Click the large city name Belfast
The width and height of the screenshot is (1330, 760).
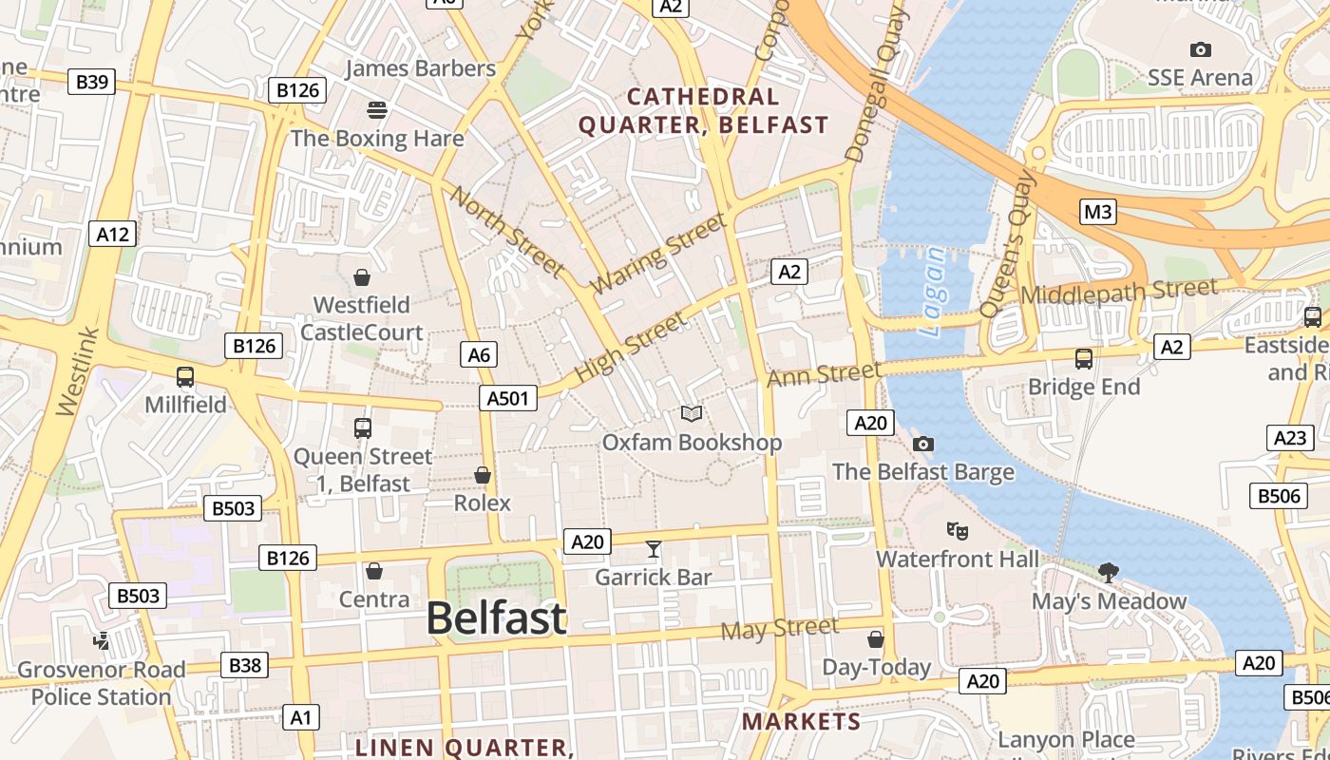(x=496, y=618)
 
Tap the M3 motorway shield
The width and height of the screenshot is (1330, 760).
(x=1097, y=212)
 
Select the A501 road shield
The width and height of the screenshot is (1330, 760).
(x=507, y=398)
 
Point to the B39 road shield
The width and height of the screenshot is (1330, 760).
(x=92, y=82)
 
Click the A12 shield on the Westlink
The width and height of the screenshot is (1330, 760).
(x=113, y=234)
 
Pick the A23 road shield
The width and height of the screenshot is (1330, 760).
(x=1290, y=438)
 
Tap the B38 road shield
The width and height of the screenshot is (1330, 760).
(x=244, y=665)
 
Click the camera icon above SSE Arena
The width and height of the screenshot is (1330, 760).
(x=1201, y=49)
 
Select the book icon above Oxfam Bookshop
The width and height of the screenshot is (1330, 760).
(x=693, y=414)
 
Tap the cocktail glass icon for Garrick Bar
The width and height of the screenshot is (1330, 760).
(x=654, y=549)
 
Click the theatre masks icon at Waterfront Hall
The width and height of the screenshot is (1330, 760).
(x=957, y=531)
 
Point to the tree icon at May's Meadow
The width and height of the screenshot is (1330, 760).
(x=1108, y=572)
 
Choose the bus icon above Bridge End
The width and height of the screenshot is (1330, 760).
(x=1084, y=359)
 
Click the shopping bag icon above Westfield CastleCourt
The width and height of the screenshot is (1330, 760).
(x=362, y=277)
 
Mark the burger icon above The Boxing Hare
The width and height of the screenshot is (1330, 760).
(x=377, y=110)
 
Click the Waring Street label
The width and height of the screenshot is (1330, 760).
(x=657, y=254)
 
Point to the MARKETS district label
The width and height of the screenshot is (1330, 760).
(x=801, y=721)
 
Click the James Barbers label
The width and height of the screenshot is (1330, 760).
(x=420, y=68)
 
